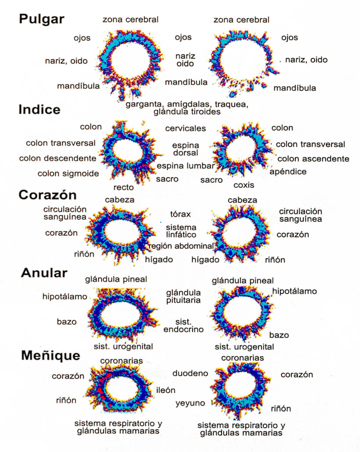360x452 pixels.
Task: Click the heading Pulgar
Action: (42, 19)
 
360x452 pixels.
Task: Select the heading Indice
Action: (39, 110)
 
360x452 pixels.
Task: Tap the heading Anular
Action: (44, 273)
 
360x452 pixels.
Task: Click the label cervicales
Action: (186, 128)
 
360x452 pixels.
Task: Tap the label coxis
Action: (243, 185)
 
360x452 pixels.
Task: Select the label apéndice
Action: (288, 172)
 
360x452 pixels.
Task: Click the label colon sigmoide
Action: (68, 174)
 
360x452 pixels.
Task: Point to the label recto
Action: (123, 187)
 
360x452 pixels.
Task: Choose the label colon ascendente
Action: (313, 159)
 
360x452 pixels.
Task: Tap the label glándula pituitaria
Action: (183, 296)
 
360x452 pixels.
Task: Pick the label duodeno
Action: (190, 373)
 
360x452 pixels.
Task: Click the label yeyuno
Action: (190, 403)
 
